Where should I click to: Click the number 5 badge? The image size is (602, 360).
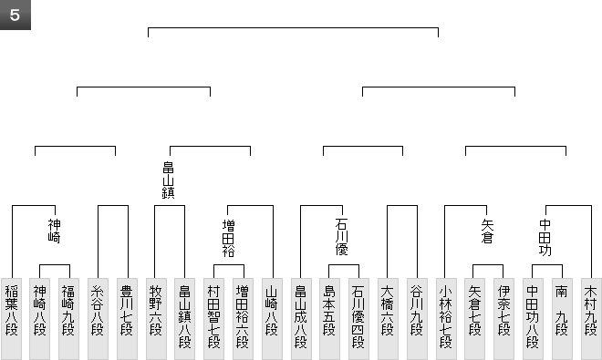click(15, 15)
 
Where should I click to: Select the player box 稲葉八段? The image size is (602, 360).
click(12, 319)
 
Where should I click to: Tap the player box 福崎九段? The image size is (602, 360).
click(68, 319)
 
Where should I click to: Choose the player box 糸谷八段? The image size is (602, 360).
click(98, 319)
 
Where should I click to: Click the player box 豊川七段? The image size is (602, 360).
click(127, 319)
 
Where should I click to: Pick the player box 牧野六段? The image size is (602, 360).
click(156, 319)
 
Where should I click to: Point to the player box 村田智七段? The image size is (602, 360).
click(213, 319)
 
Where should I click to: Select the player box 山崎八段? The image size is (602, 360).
click(272, 319)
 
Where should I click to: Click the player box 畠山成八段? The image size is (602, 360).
click(301, 319)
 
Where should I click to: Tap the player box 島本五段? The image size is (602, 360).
click(330, 319)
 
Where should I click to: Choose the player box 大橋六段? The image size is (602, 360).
click(388, 319)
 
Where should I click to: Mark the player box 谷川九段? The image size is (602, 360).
click(417, 319)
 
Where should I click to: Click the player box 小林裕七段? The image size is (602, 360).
click(446, 319)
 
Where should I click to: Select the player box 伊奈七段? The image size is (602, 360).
click(503, 319)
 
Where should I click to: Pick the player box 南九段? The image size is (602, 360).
click(562, 319)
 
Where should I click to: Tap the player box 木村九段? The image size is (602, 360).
click(591, 319)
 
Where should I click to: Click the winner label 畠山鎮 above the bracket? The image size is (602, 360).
click(168, 180)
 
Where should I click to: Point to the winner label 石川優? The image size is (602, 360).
click(341, 237)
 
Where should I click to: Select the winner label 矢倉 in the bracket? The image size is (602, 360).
click(487, 231)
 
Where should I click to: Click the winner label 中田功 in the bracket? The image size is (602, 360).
click(545, 238)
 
